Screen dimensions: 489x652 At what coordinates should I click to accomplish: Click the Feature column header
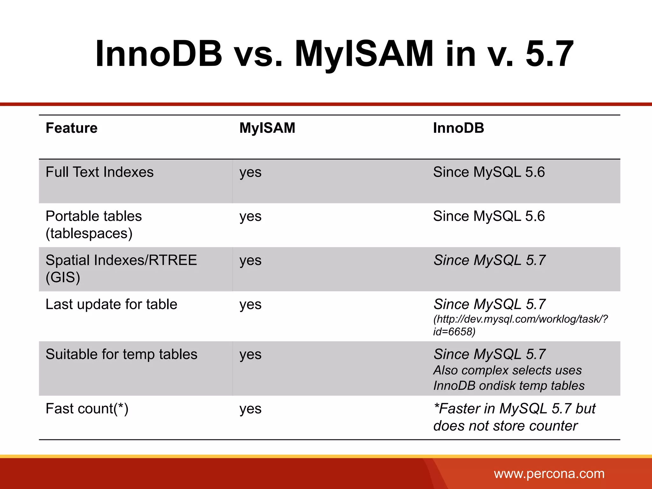tap(72, 128)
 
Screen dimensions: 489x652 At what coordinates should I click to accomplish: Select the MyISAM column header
tap(267, 128)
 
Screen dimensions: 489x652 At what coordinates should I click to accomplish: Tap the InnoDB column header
tap(458, 128)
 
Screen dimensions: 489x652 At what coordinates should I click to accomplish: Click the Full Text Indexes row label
tap(99, 172)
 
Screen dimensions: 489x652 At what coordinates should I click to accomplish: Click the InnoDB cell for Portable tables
tap(489, 216)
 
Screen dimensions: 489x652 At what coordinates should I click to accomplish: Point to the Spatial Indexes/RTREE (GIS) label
tap(121, 268)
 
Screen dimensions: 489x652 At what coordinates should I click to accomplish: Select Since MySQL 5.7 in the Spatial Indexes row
tap(489, 260)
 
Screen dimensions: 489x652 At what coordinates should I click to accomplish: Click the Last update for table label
tap(111, 304)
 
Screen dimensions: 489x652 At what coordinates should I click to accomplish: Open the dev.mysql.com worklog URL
tap(520, 325)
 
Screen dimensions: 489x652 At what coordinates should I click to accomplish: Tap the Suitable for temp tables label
tap(121, 354)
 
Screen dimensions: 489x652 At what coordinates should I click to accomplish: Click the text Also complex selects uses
tap(507, 370)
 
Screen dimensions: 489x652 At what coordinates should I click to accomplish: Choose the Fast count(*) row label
tap(87, 409)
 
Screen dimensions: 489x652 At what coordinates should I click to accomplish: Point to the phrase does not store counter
tap(505, 426)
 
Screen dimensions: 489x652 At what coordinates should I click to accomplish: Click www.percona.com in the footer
tap(549, 474)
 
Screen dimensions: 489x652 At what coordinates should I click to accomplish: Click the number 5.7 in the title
tap(549, 53)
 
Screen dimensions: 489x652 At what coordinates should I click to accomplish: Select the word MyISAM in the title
tap(364, 53)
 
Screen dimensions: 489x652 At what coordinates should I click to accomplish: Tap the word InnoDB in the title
tap(159, 53)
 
